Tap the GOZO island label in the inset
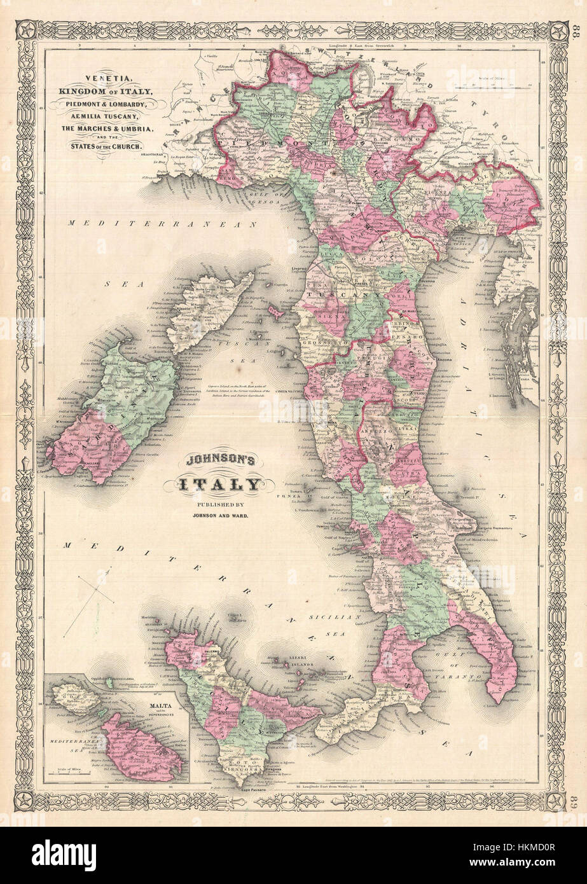pyautogui.click(x=74, y=697)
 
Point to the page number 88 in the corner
pyautogui.click(x=575, y=32)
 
